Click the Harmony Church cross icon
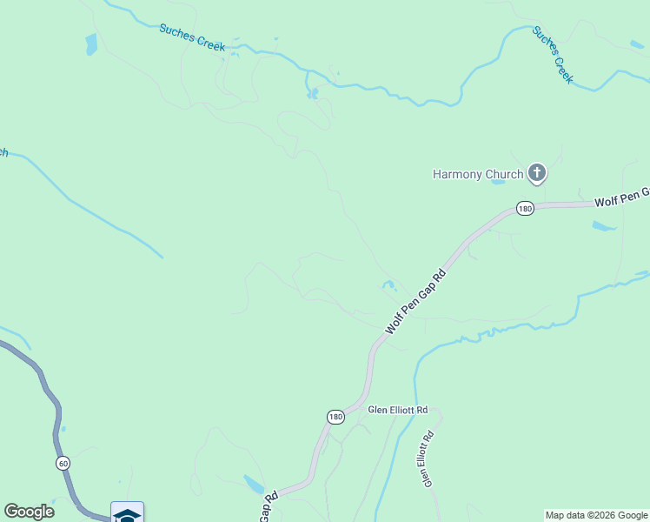pos(537,174)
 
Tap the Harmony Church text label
pos(478,174)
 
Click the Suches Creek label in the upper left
pos(192,37)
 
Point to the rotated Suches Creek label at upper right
pos(553,54)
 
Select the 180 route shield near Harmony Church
pos(524,208)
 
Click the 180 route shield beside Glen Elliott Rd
pos(336,418)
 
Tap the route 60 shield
pos(63,462)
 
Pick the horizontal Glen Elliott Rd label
pos(398,409)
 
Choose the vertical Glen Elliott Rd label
pos(428,459)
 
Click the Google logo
pos(30,512)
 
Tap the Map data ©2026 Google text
pos(596,515)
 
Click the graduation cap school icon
pos(127,513)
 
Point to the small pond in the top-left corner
pos(91,44)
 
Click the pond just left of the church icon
pos(498,183)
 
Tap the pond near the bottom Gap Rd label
pos(254,484)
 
